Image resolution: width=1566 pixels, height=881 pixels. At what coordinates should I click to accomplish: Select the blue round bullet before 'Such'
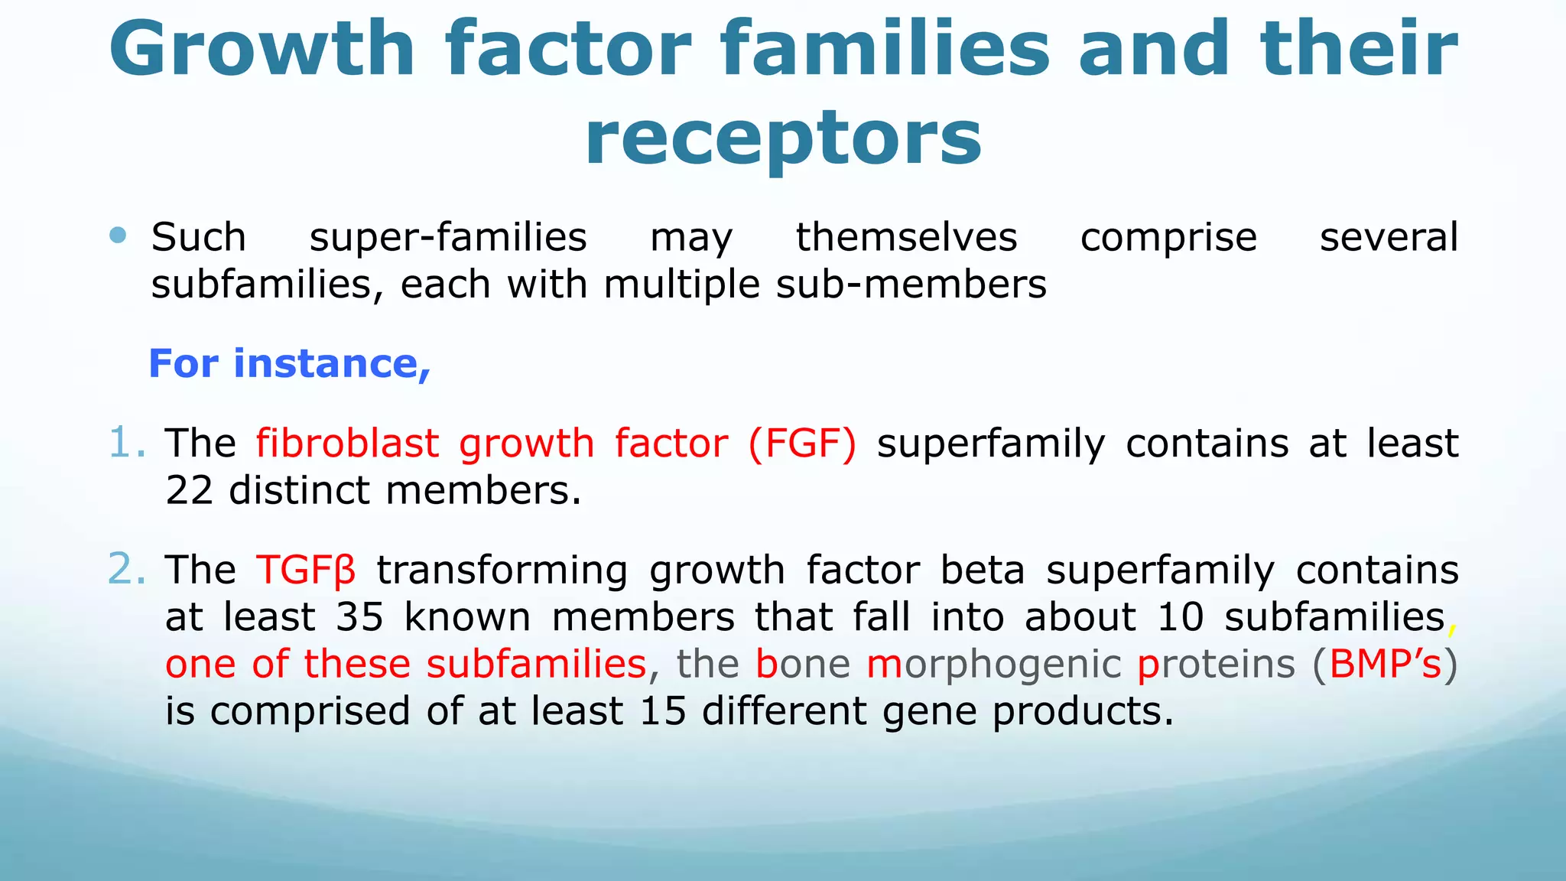click(x=118, y=235)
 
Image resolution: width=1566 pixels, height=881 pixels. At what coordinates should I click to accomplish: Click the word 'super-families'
click(x=448, y=238)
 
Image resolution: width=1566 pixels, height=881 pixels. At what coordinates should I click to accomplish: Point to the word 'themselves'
click(x=907, y=236)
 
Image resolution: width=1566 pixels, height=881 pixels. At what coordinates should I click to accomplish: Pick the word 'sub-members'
click(x=911, y=284)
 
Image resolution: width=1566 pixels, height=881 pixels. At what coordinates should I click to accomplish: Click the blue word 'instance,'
click(x=332, y=363)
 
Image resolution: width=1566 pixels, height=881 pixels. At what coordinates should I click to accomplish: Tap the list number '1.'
click(x=127, y=443)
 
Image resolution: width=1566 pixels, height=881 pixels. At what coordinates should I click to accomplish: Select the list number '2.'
click(x=127, y=569)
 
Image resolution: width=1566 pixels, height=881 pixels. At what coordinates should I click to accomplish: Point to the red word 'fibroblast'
click(x=348, y=444)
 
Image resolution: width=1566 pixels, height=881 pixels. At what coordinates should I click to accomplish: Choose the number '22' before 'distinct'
click(x=189, y=490)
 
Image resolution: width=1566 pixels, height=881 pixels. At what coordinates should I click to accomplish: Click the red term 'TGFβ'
click(x=307, y=571)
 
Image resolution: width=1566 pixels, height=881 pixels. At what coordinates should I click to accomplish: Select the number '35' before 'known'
click(x=359, y=617)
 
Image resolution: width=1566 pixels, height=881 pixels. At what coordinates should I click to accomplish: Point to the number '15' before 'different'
click(x=663, y=711)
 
